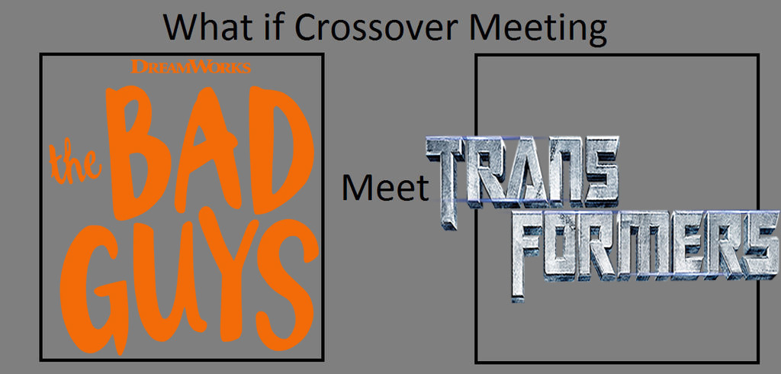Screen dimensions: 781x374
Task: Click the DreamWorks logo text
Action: coord(191,66)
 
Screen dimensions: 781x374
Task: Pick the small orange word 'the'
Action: coord(76,162)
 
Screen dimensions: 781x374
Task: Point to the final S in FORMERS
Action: coord(760,245)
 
